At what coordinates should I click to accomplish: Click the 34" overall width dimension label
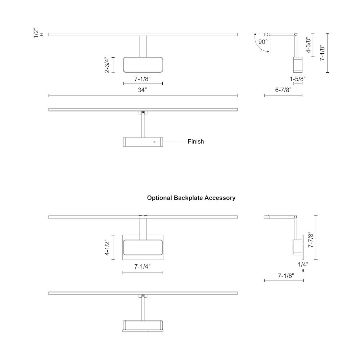(x=142, y=90)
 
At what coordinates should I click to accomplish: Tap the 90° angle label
(x=263, y=42)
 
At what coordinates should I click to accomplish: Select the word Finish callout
(x=195, y=141)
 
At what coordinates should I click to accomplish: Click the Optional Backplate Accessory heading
(x=191, y=198)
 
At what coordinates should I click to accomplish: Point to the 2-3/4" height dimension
(x=107, y=65)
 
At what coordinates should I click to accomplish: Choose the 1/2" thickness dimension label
(x=36, y=33)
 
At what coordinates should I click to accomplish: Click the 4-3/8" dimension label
(x=309, y=45)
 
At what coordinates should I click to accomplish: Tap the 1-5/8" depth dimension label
(x=298, y=79)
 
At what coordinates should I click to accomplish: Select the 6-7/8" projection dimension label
(x=283, y=90)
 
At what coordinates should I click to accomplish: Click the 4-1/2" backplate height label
(x=107, y=247)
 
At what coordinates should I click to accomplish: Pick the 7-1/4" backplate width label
(x=142, y=266)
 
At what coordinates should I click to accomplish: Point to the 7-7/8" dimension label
(x=311, y=239)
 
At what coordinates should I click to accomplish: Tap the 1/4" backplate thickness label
(x=303, y=264)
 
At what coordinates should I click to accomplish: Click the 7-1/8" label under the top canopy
(x=142, y=79)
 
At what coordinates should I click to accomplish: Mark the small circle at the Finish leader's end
(x=154, y=142)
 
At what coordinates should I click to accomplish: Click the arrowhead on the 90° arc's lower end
(x=268, y=52)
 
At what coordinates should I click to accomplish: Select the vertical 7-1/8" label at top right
(x=323, y=53)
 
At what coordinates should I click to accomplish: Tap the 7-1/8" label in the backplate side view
(x=286, y=275)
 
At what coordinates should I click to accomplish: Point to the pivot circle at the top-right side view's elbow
(x=296, y=35)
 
